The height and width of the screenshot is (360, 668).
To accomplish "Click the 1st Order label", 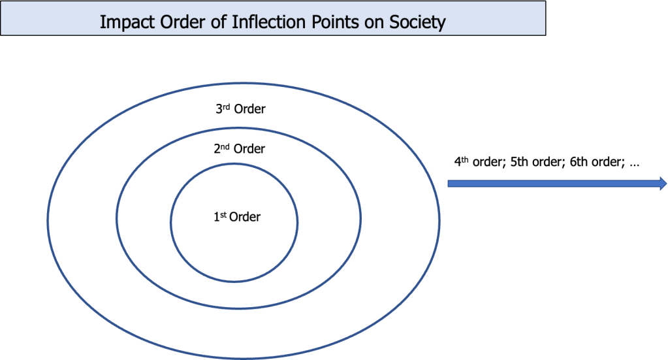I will click(237, 217).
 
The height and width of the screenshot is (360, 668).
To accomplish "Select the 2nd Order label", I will click(239, 149).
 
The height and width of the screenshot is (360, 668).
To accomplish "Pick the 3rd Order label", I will click(240, 109).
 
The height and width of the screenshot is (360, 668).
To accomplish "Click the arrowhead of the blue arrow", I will click(661, 184).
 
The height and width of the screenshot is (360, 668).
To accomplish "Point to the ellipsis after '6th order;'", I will click(633, 163).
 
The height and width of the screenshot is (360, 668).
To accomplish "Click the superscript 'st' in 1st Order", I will click(223, 214).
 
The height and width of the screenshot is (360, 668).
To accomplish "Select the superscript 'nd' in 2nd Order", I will click(225, 146).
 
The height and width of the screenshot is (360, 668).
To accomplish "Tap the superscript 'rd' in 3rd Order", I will click(226, 106).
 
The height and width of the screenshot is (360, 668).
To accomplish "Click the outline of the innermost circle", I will click(170, 222).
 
